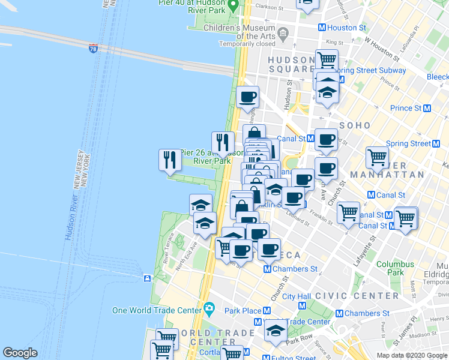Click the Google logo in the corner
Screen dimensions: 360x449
20,353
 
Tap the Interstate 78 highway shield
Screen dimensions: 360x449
93,47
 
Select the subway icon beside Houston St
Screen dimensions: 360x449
322,28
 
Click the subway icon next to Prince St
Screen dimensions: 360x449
427,108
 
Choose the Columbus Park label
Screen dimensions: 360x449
395,268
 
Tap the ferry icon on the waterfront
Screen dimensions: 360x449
147,278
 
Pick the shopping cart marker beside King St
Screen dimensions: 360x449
327,59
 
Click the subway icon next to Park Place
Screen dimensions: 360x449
267,311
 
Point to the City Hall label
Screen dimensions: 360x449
297,296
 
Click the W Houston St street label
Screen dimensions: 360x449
381,50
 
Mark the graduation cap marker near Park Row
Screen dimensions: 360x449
276,332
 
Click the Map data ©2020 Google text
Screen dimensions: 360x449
412,355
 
